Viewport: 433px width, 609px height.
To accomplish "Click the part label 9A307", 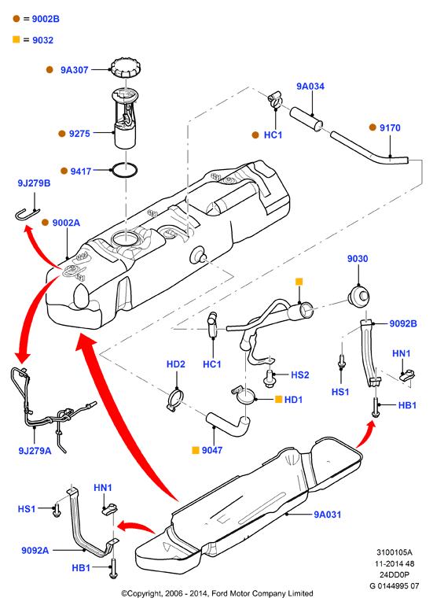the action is (x=75, y=70).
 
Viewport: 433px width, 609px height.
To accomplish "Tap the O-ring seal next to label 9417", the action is (x=124, y=170).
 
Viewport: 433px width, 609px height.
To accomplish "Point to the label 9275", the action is (x=79, y=134).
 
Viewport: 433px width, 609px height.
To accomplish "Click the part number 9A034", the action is (x=310, y=87).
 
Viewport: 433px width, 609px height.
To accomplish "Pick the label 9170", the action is (x=390, y=127).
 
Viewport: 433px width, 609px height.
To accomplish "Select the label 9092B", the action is (x=403, y=323).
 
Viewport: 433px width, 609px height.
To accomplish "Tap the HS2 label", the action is (x=300, y=375).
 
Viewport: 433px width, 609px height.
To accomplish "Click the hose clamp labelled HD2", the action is (x=175, y=400).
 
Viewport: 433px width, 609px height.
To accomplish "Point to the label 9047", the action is (x=212, y=450).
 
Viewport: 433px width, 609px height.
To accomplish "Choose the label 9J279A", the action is (x=35, y=451).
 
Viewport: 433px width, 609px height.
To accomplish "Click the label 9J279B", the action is (x=34, y=183).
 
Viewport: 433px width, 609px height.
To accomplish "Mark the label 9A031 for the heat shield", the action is (x=328, y=515).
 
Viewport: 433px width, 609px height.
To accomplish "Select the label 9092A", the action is (x=35, y=550).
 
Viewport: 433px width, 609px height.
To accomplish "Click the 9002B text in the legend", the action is (x=46, y=19).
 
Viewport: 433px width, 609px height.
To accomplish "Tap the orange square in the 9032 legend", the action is (x=17, y=39).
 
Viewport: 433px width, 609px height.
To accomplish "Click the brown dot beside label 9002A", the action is (x=46, y=223).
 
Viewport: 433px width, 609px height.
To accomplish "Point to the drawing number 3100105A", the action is (x=394, y=552).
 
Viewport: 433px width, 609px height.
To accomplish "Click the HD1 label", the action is (x=293, y=400).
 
